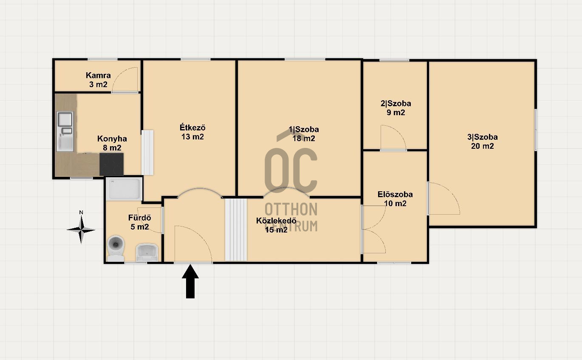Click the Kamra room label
click(x=98, y=75)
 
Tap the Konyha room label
click(x=112, y=139)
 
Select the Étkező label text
click(x=192, y=128)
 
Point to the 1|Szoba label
click(x=304, y=129)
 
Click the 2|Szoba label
click(x=396, y=103)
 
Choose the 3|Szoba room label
click(x=483, y=137)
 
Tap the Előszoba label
click(x=395, y=194)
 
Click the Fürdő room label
click(x=139, y=218)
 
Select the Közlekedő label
click(x=276, y=221)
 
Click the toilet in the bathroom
click(x=116, y=248)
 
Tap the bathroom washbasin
click(x=147, y=252)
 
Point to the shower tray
click(x=124, y=189)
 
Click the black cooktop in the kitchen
click(x=111, y=164)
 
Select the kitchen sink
click(x=65, y=131)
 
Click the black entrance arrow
click(x=190, y=281)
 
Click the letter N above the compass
click(x=81, y=213)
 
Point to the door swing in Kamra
click(x=125, y=79)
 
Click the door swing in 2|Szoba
click(x=393, y=138)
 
